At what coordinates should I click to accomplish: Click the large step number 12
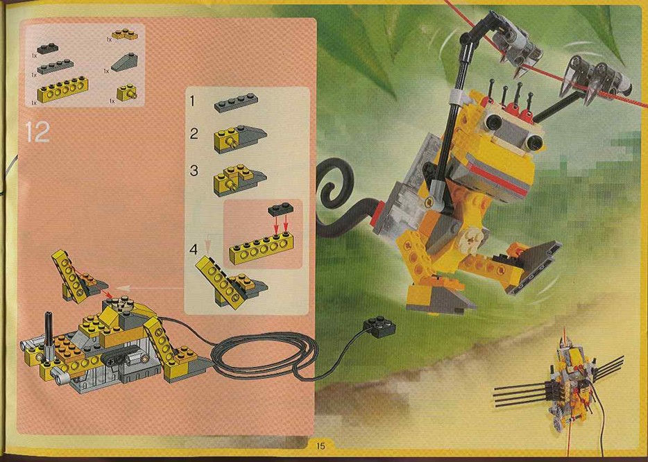click(x=37, y=132)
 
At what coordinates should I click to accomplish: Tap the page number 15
click(x=321, y=446)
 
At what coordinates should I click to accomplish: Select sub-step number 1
click(x=192, y=101)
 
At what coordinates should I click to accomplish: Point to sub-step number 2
click(x=194, y=133)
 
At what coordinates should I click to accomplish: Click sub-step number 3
click(x=194, y=170)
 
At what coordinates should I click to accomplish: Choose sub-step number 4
click(x=194, y=249)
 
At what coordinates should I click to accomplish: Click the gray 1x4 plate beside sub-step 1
click(x=236, y=103)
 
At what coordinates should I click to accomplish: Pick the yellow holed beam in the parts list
click(x=62, y=89)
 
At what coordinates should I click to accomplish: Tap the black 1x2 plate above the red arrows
click(x=281, y=209)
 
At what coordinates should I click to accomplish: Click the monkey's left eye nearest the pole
click(x=493, y=121)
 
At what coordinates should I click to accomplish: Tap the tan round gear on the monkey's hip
click(x=472, y=237)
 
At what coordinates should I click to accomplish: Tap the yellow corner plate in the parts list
click(x=124, y=34)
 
